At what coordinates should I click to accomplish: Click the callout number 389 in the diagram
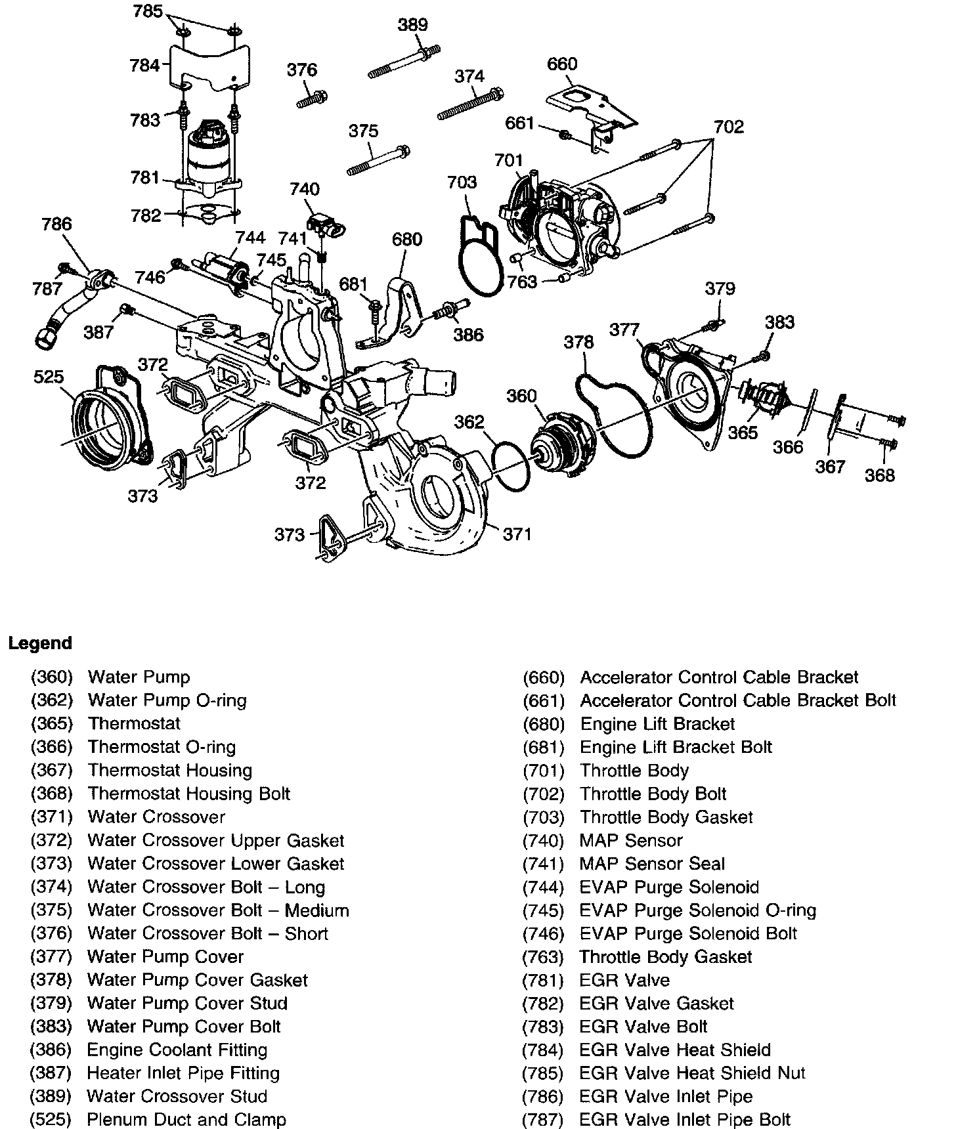pyautogui.click(x=412, y=25)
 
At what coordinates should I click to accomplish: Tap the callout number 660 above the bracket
pyautogui.click(x=562, y=64)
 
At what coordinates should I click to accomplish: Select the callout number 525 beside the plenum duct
pyautogui.click(x=49, y=377)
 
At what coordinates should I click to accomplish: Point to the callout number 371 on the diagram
pyautogui.click(x=517, y=534)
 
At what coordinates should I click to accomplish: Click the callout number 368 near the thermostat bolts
pyautogui.click(x=879, y=475)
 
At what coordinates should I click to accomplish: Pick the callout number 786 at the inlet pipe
pyautogui.click(x=56, y=224)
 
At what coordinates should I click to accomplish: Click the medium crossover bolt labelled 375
pyautogui.click(x=378, y=161)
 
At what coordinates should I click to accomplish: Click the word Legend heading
pyautogui.click(x=40, y=643)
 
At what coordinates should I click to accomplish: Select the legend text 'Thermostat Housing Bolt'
pyautogui.click(x=189, y=794)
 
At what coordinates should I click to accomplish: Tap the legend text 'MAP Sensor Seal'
pyautogui.click(x=652, y=864)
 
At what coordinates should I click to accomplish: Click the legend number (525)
pyautogui.click(x=51, y=1119)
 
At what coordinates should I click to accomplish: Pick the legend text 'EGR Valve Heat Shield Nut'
pyautogui.click(x=692, y=1073)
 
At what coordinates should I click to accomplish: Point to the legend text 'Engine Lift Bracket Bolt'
pyautogui.click(x=676, y=747)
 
